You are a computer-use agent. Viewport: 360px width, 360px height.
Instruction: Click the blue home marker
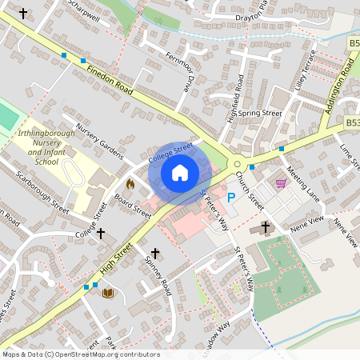click(x=180, y=172)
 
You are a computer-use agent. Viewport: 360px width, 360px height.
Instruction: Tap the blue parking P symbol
click(x=232, y=197)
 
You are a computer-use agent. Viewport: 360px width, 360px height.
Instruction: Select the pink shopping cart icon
click(x=281, y=183)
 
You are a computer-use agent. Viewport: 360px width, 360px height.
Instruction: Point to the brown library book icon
click(x=107, y=293)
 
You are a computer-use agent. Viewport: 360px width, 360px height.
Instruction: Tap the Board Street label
click(x=132, y=206)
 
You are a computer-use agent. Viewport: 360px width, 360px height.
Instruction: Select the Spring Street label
click(x=260, y=114)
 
